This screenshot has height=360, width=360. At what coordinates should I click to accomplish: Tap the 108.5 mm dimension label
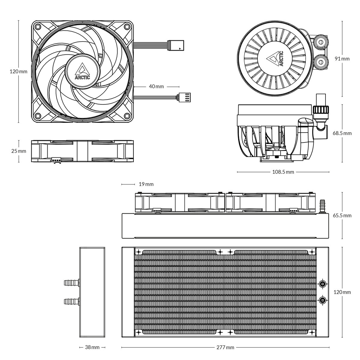click(x=283, y=172)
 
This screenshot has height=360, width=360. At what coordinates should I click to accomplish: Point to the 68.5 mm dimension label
click(x=342, y=133)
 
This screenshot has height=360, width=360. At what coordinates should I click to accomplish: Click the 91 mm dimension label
click(x=342, y=58)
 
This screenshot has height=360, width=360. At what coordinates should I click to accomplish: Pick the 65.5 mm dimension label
click(x=342, y=215)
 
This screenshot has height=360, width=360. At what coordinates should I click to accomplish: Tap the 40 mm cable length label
click(x=156, y=86)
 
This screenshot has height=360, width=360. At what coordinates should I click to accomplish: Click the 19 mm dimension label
click(x=146, y=184)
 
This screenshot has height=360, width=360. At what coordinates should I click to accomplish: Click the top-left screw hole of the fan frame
click(x=38, y=26)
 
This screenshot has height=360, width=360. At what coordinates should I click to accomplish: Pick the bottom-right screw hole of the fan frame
click(x=127, y=116)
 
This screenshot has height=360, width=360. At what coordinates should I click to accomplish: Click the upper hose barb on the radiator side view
click(x=71, y=282)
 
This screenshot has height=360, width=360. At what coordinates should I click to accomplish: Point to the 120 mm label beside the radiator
click(x=342, y=292)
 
